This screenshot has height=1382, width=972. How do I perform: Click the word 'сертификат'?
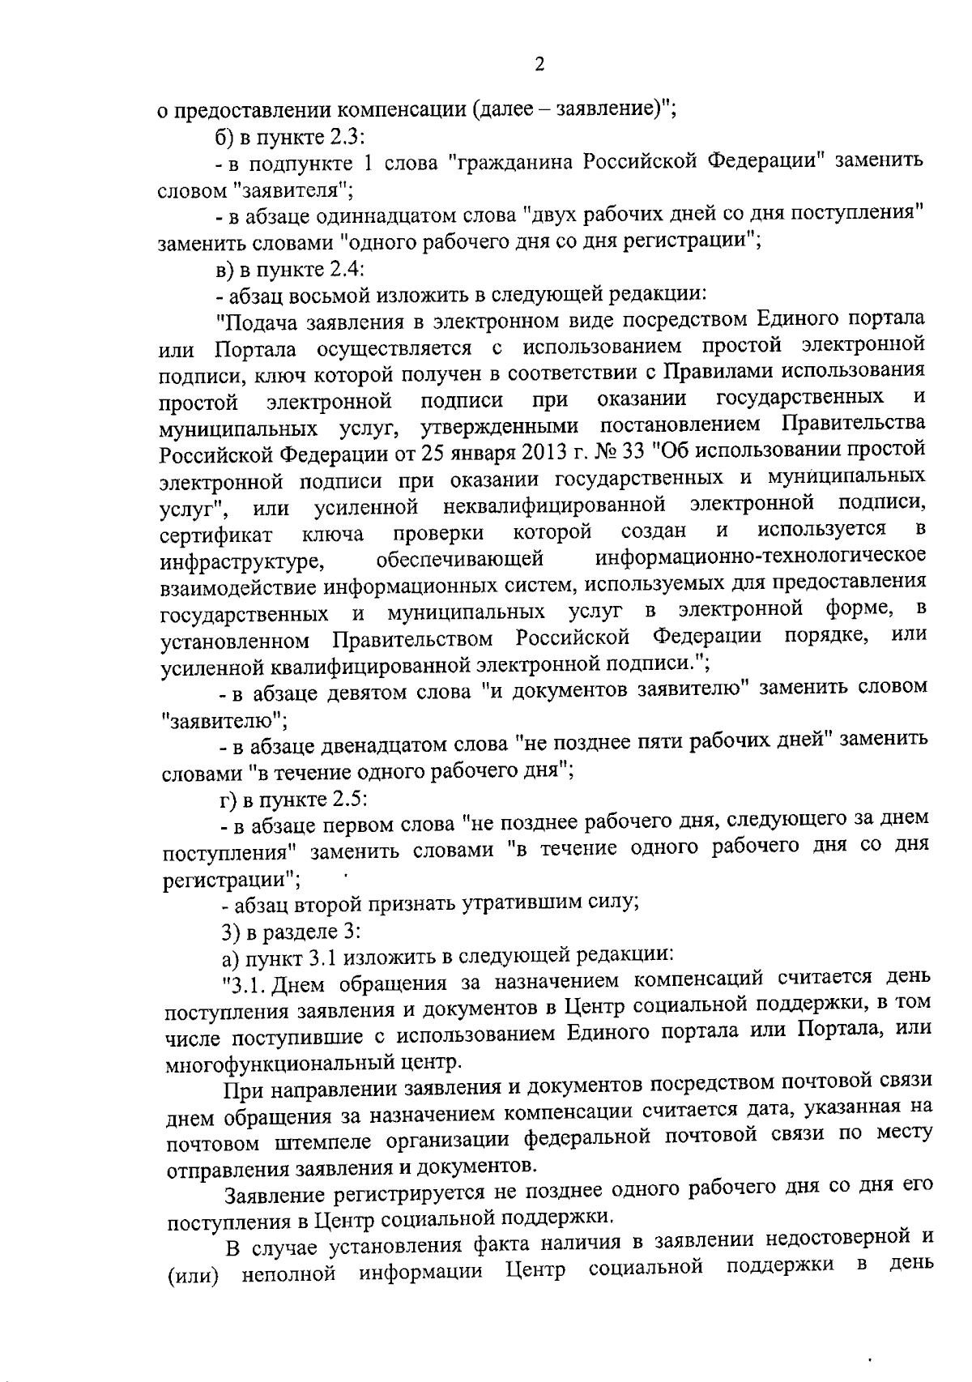point(215,535)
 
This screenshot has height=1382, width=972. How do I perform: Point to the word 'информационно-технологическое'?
point(761,557)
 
